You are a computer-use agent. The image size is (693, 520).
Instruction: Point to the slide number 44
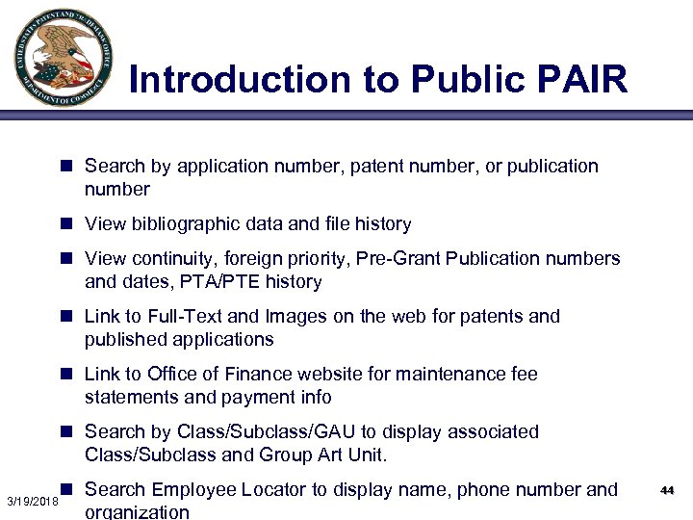click(667, 491)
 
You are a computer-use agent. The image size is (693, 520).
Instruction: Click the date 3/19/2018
click(33, 503)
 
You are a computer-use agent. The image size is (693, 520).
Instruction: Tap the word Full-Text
click(186, 316)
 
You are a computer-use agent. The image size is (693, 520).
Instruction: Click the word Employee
click(194, 489)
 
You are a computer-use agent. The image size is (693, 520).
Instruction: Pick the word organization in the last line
click(138, 511)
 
